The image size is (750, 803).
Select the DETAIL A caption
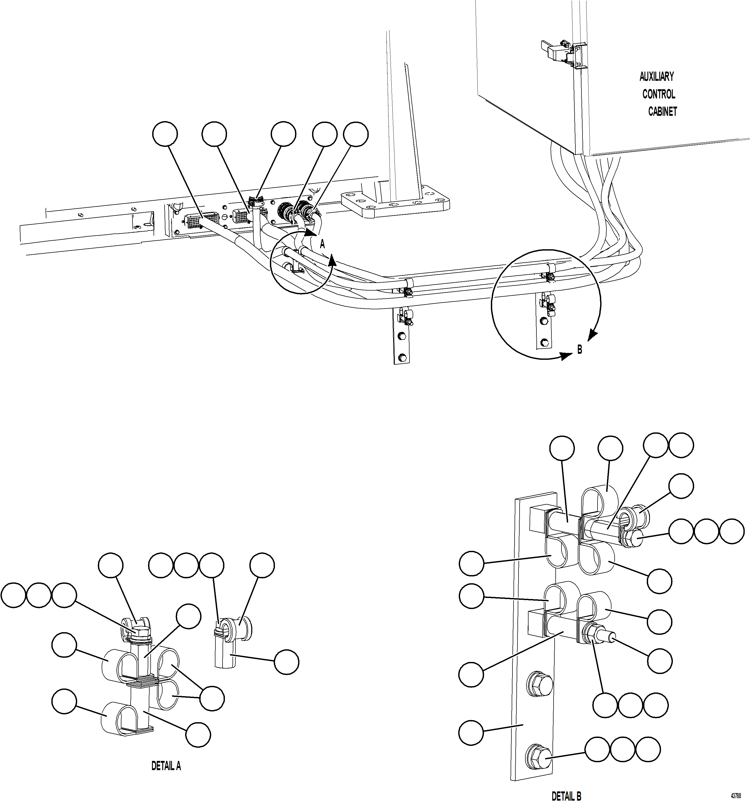tap(166, 766)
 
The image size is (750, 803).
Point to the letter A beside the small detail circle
tap(322, 244)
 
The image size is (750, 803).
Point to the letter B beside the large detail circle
tap(579, 350)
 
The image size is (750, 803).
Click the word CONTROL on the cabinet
tap(659, 94)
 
